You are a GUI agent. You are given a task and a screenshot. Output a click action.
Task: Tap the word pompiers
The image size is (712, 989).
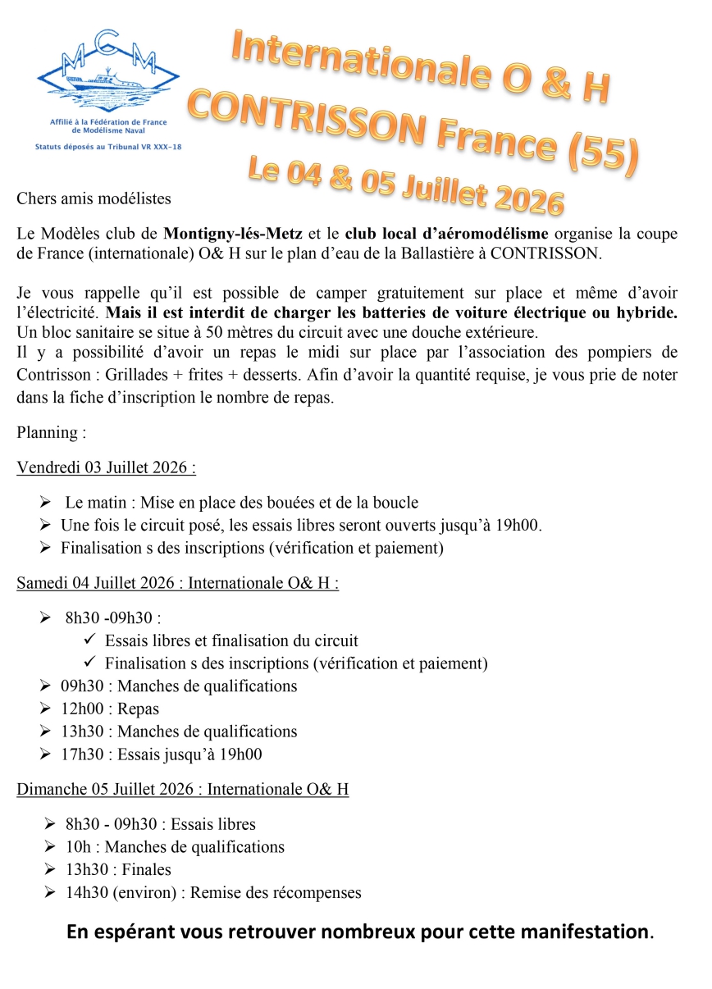(x=648, y=353)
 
